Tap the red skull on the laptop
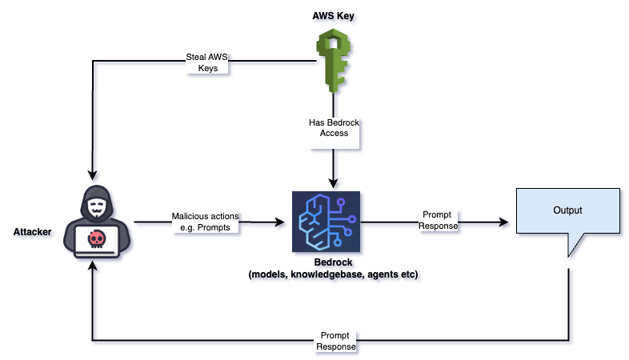click(95, 238)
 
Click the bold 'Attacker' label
click(34, 232)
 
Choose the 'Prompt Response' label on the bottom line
click(337, 342)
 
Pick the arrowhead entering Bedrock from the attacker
click(282, 222)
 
